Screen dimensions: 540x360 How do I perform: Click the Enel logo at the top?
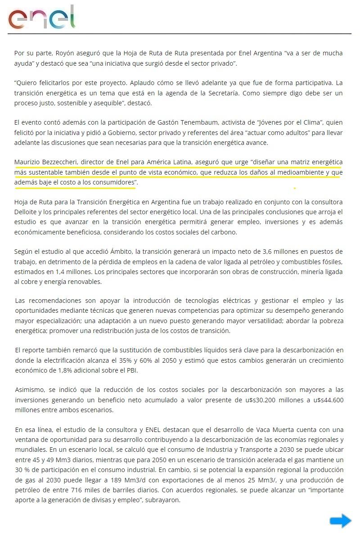click(41, 18)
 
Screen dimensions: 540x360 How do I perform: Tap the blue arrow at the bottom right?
click(340, 521)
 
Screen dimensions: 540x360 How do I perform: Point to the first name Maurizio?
click(27, 162)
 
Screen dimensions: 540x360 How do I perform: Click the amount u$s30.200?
click(268, 400)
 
